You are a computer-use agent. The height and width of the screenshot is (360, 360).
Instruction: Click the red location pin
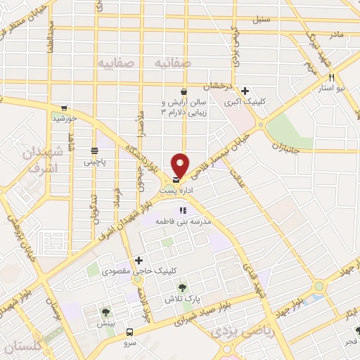click(180, 165)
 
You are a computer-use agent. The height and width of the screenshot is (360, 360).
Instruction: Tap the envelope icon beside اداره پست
click(174, 179)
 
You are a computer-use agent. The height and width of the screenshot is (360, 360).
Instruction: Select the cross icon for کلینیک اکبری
click(245, 91)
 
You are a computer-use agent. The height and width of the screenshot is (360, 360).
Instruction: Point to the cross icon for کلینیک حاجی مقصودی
click(139, 260)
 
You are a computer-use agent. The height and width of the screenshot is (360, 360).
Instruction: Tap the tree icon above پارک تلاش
click(182, 287)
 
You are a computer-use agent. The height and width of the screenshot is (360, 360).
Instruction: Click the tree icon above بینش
click(106, 312)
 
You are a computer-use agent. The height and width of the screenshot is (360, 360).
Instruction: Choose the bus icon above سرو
click(129, 332)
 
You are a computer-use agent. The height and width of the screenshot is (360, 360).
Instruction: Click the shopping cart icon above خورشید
click(64, 108)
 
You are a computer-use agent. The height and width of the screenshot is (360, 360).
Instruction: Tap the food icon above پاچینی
click(94, 150)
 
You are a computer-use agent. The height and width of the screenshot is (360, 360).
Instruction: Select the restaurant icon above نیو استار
click(330, 79)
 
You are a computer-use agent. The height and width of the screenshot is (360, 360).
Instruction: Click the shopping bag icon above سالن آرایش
click(184, 91)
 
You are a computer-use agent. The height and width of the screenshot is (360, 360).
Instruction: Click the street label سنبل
click(262, 20)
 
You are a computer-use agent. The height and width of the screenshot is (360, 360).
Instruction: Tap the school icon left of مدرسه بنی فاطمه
click(182, 210)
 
